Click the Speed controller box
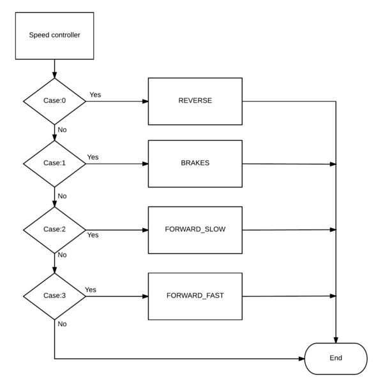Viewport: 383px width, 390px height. click(54, 36)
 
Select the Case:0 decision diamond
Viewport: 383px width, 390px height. click(54, 101)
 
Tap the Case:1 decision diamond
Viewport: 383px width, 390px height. click(54, 164)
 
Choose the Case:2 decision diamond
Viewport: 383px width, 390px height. click(54, 230)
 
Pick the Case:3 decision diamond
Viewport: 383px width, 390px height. click(54, 296)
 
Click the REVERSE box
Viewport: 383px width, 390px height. click(195, 101)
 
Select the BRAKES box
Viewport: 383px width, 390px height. click(195, 164)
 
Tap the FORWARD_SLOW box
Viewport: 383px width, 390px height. click(195, 230)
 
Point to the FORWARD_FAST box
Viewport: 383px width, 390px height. click(195, 296)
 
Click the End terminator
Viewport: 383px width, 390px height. click(336, 359)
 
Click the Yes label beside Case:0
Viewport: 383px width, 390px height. click(95, 95)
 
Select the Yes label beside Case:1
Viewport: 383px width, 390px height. click(93, 157)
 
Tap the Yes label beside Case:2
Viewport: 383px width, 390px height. click(93, 235)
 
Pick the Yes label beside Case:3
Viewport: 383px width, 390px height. click(91, 290)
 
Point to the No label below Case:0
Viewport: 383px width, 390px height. click(63, 130)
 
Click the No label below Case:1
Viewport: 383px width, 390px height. click(63, 196)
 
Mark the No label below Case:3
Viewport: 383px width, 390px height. click(63, 324)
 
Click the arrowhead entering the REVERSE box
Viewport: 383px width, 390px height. click(146, 101)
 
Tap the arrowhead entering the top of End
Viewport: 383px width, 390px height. click(336, 340)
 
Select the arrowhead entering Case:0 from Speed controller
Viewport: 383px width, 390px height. click(54, 75)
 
